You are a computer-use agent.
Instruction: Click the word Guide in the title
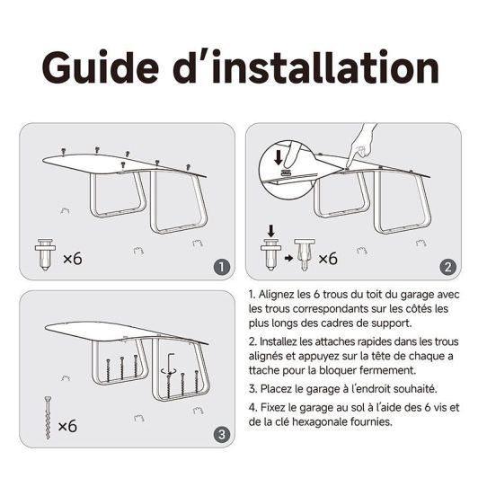pyautogui.click(x=101, y=66)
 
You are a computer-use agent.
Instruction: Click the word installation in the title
pyautogui.click(x=326, y=66)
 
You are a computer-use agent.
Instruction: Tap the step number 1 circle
pyautogui.click(x=221, y=267)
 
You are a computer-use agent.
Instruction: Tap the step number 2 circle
pyautogui.click(x=447, y=267)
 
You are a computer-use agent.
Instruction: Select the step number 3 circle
pyautogui.click(x=222, y=434)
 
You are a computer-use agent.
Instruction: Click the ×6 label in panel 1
pyautogui.click(x=73, y=259)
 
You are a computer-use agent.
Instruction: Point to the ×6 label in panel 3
pyautogui.click(x=67, y=426)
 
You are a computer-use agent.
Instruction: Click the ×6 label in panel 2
pyautogui.click(x=328, y=259)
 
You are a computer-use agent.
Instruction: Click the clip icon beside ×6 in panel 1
pyautogui.click(x=45, y=254)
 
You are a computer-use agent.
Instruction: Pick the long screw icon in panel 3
pyautogui.click(x=48, y=417)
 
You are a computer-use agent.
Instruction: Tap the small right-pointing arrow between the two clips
pyautogui.click(x=288, y=258)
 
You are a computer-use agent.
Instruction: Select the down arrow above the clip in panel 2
pyautogui.click(x=271, y=231)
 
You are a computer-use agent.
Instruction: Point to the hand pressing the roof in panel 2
pyautogui.click(x=363, y=143)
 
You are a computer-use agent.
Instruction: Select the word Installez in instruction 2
pyautogui.click(x=278, y=341)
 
